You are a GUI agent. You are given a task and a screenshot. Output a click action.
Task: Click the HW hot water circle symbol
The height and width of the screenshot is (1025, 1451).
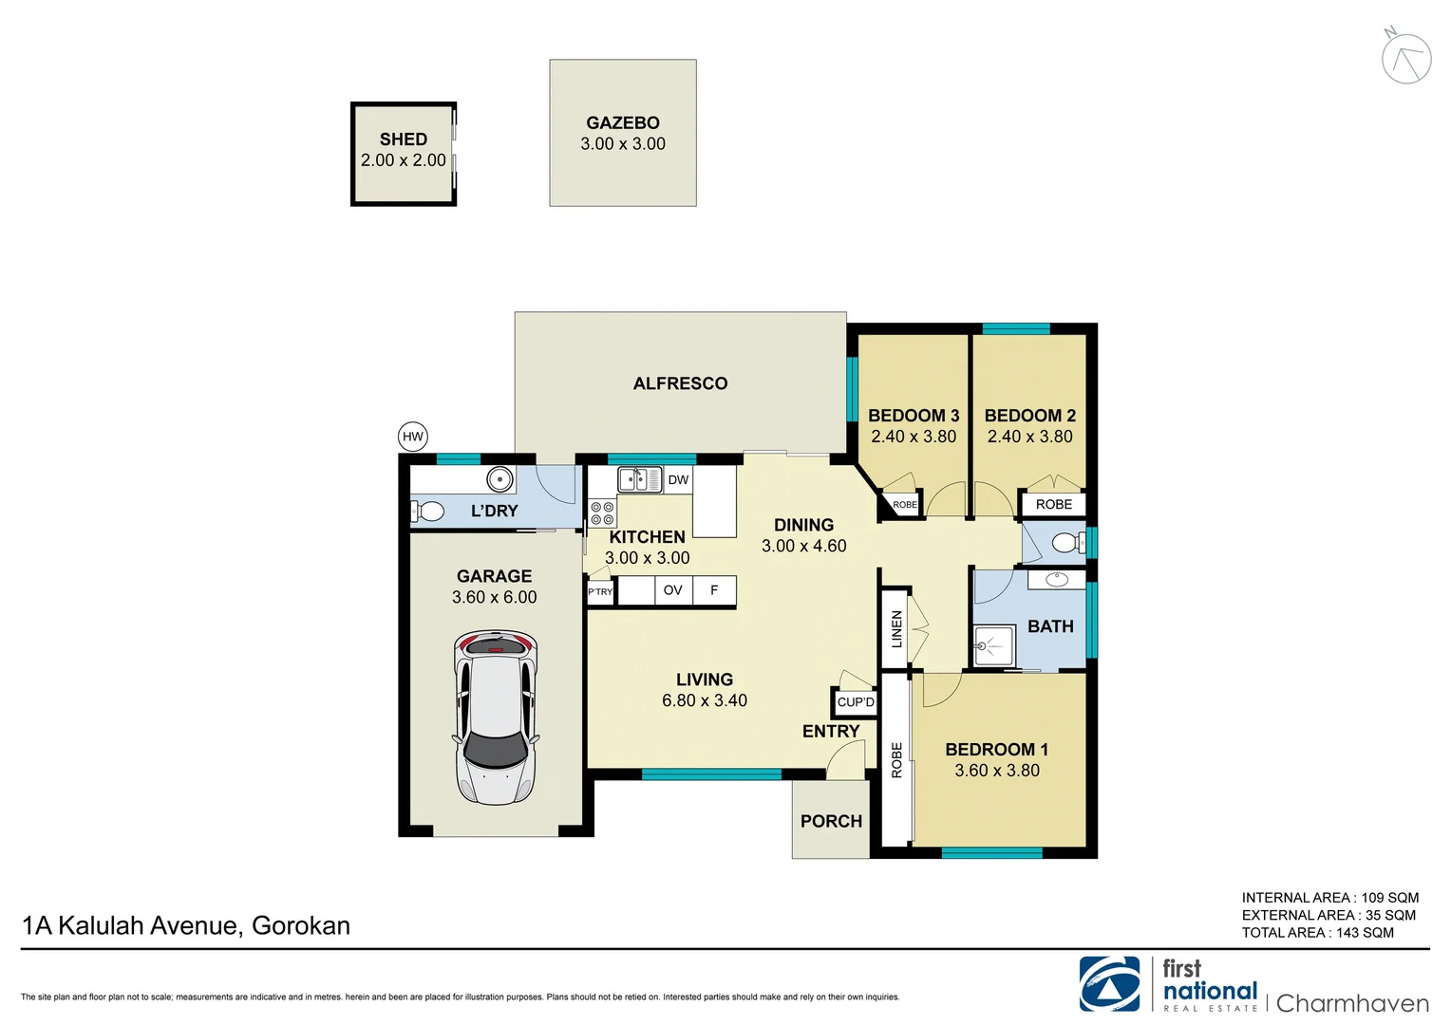pyautogui.click(x=412, y=437)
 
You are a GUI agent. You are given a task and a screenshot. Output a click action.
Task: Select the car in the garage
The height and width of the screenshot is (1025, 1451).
pyautogui.click(x=495, y=717)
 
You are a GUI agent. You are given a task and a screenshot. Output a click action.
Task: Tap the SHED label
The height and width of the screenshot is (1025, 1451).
pyautogui.click(x=403, y=140)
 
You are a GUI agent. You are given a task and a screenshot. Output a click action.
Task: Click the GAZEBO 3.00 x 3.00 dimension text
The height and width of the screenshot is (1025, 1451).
pyautogui.click(x=623, y=144)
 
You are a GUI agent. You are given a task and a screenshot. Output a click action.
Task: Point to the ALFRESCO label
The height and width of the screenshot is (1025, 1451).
pyautogui.click(x=680, y=383)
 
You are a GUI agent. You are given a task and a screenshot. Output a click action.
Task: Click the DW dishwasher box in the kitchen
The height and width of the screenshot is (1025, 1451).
pyautogui.click(x=678, y=480)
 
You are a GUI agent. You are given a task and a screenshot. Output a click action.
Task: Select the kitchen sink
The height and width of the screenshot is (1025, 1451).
pyautogui.click(x=639, y=480)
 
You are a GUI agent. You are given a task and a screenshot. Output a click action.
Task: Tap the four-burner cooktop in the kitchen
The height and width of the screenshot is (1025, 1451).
pyautogui.click(x=602, y=513)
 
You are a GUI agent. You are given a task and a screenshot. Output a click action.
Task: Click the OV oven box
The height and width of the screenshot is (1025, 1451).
pyautogui.click(x=672, y=590)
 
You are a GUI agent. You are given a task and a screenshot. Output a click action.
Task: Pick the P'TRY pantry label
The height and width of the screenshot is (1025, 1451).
pyautogui.click(x=600, y=592)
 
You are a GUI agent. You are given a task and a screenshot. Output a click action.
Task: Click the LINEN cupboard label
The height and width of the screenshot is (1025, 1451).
pyautogui.click(x=895, y=628)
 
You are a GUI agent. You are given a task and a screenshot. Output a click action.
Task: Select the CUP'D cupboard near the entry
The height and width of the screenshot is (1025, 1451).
pyautogui.click(x=855, y=702)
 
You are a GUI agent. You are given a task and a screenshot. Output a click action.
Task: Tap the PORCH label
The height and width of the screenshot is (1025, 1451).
pyautogui.click(x=831, y=821)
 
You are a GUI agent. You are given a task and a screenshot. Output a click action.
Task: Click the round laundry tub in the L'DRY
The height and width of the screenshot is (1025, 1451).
pyautogui.click(x=499, y=479)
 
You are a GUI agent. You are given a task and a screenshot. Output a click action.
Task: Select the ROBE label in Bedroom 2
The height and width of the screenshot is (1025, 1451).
pyautogui.click(x=1053, y=505)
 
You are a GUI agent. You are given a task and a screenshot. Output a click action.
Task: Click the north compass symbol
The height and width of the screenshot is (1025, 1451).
pyautogui.click(x=1405, y=58)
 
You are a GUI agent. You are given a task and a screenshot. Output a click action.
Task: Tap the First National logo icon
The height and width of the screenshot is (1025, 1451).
pyautogui.click(x=1109, y=984)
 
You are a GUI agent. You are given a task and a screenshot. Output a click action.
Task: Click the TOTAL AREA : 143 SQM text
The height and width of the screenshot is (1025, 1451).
pyautogui.click(x=1317, y=933)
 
